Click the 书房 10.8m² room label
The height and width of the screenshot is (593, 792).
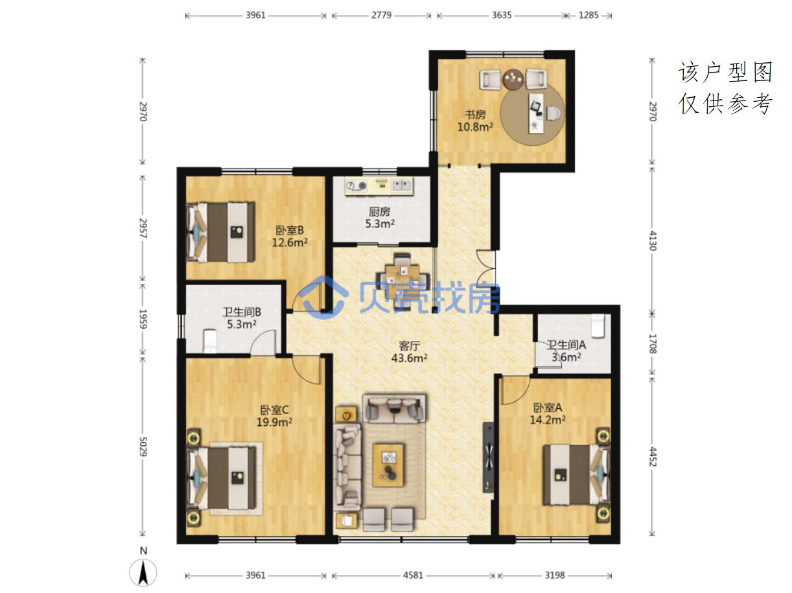pyautogui.click(x=475, y=121)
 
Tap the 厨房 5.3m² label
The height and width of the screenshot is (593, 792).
pyautogui.click(x=379, y=218)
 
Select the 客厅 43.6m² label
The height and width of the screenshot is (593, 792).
pyautogui.click(x=409, y=352)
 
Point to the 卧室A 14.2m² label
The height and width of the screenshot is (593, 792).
pyautogui.click(x=548, y=413)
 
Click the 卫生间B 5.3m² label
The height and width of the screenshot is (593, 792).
pyautogui.click(x=241, y=318)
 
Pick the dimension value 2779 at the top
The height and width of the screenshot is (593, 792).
pyautogui.click(x=381, y=15)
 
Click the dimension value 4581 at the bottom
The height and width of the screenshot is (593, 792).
pyautogui.click(x=413, y=576)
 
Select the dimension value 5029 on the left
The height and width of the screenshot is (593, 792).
pyautogui.click(x=143, y=447)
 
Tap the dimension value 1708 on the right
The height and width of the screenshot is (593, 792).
pyautogui.click(x=653, y=343)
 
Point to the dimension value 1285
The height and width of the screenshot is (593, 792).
pyautogui.click(x=588, y=15)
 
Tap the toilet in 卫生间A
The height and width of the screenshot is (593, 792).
pyautogui.click(x=598, y=326)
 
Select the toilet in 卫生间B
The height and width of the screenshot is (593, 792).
pyautogui.click(x=209, y=341)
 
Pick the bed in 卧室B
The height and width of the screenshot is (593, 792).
pyautogui.click(x=220, y=232)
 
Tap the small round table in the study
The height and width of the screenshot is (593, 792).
pyautogui.click(x=513, y=80)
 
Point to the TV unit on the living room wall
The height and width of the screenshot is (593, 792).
pyautogui.click(x=489, y=457)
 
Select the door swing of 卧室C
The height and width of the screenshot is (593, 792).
pyautogui.click(x=307, y=369)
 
